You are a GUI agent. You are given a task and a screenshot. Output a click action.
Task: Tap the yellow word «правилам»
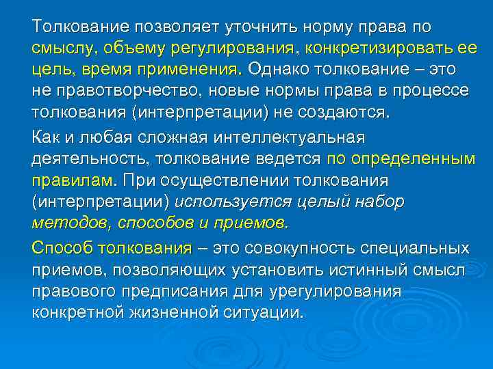pyautogui.click(x=71, y=180)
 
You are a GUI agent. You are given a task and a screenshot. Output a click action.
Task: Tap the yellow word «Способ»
pyautogui.click(x=61, y=249)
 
